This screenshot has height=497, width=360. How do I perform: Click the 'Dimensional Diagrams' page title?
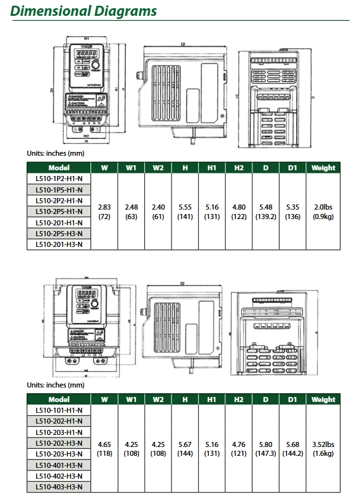pos(84,11)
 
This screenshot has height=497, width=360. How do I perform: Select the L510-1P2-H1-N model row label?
pos(59,179)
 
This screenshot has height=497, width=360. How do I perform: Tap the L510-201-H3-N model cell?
pos(59,244)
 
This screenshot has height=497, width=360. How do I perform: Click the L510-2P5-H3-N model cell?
pos(59,233)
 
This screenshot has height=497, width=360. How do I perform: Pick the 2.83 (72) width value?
pos(104,211)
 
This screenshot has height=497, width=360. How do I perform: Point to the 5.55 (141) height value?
pos(185,211)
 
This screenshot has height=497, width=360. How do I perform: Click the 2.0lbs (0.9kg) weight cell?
pos(323,211)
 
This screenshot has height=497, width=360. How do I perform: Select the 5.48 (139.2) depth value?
pos(266,211)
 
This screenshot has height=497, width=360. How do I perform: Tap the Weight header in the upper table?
pos(323,168)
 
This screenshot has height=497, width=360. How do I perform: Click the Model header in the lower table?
pos(59,399)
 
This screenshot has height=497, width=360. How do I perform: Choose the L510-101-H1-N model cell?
pos(59,410)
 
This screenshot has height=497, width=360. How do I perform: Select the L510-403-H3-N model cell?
pos(59,487)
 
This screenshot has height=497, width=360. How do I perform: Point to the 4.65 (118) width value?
pos(104,449)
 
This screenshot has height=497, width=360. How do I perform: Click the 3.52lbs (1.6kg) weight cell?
pos(323,449)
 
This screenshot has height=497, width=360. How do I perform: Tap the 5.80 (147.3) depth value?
pos(266,449)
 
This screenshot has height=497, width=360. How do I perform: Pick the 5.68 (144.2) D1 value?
pos(293,449)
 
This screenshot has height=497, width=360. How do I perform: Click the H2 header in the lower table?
pos(239,399)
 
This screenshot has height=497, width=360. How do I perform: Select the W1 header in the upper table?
pos(132,168)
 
